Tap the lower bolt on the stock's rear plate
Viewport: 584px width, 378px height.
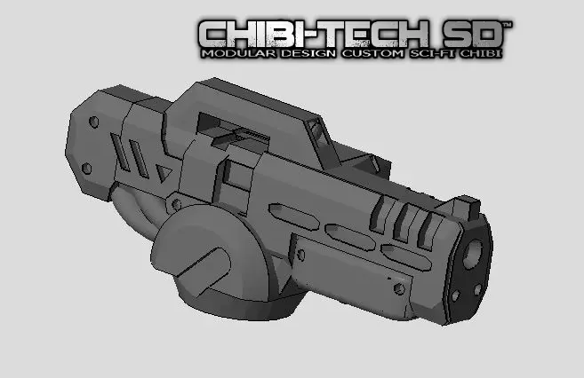coord(87,167)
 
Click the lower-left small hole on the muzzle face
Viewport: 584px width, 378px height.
coord(455,295)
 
